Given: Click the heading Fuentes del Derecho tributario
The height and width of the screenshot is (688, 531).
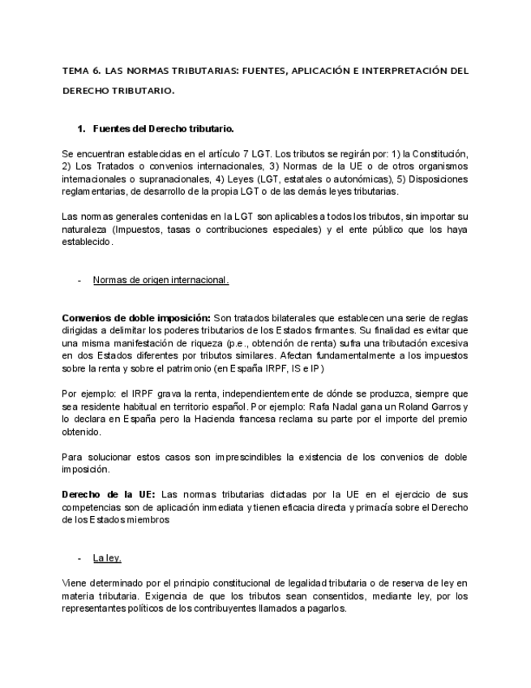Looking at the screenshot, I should point(164,129).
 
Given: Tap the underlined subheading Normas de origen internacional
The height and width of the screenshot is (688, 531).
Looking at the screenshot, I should point(161,280).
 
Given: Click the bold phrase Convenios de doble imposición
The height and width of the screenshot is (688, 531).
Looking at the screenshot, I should point(136,317).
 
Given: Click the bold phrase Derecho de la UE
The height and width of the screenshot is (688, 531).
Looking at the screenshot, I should point(109,494).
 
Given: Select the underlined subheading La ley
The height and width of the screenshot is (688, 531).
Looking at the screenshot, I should point(107,558).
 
